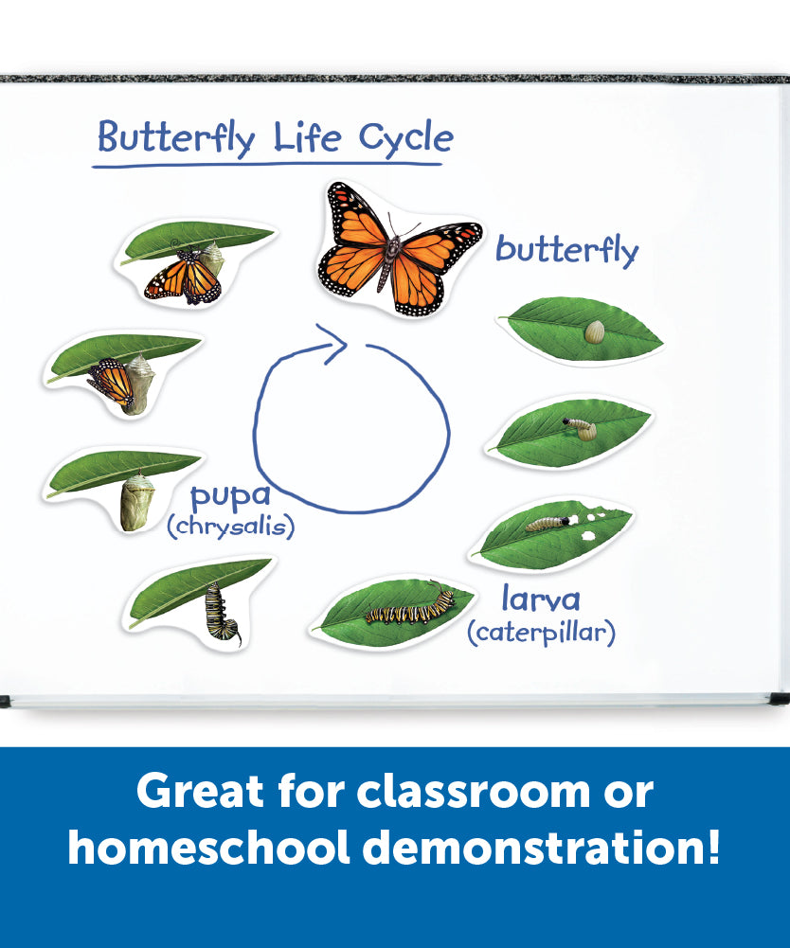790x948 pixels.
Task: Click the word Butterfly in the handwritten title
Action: (x=176, y=138)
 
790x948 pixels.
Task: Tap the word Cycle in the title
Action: (x=405, y=138)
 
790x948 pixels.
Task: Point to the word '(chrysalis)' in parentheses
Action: (x=231, y=527)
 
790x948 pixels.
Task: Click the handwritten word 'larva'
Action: (x=541, y=599)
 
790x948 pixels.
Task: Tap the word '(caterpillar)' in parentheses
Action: (x=542, y=633)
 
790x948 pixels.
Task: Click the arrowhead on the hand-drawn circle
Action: (x=332, y=343)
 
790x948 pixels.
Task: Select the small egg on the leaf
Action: (x=595, y=331)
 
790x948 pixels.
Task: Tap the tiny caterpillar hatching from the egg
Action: (x=580, y=427)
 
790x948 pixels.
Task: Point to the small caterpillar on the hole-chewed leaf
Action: (x=549, y=523)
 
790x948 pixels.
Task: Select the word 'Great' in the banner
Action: (x=200, y=791)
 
